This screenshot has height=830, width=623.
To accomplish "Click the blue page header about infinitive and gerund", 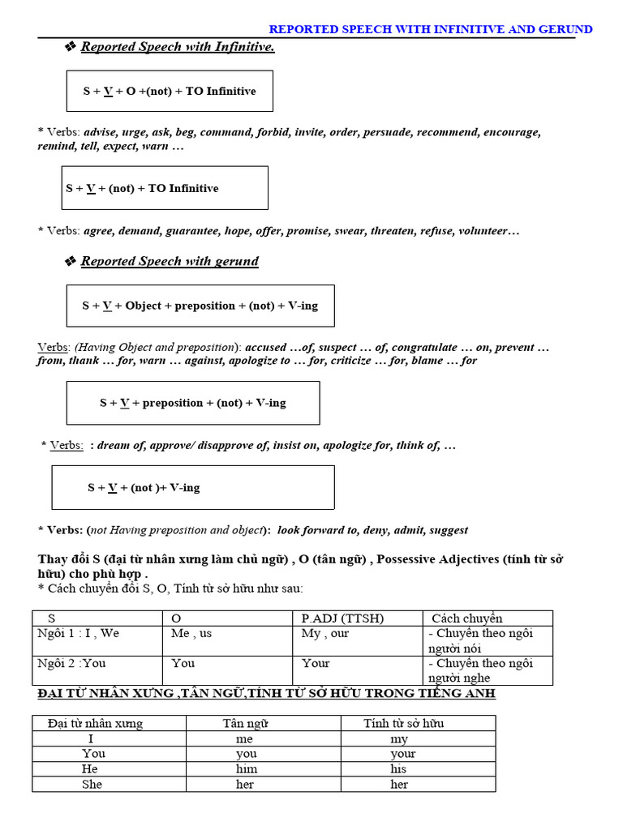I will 430,29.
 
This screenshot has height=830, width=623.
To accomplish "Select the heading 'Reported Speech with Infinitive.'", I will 177,47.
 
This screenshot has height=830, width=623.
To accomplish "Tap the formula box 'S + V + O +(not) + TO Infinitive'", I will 169,91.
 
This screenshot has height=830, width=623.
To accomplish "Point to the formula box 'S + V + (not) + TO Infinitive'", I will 165,188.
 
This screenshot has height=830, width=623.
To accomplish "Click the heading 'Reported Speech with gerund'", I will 169,261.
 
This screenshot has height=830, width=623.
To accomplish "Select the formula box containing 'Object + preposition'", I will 200,306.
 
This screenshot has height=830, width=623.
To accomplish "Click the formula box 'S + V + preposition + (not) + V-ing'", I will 193,403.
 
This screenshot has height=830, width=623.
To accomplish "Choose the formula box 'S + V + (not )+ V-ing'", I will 193,488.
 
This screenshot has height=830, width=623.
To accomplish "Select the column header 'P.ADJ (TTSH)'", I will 342,618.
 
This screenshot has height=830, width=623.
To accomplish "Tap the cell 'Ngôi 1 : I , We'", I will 79,634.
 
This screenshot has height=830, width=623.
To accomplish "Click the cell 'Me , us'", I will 191,634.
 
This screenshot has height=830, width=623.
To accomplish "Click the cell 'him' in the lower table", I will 246,769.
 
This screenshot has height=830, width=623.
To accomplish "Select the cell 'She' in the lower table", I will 93,785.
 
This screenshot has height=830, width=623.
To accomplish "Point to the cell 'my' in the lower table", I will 398,739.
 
